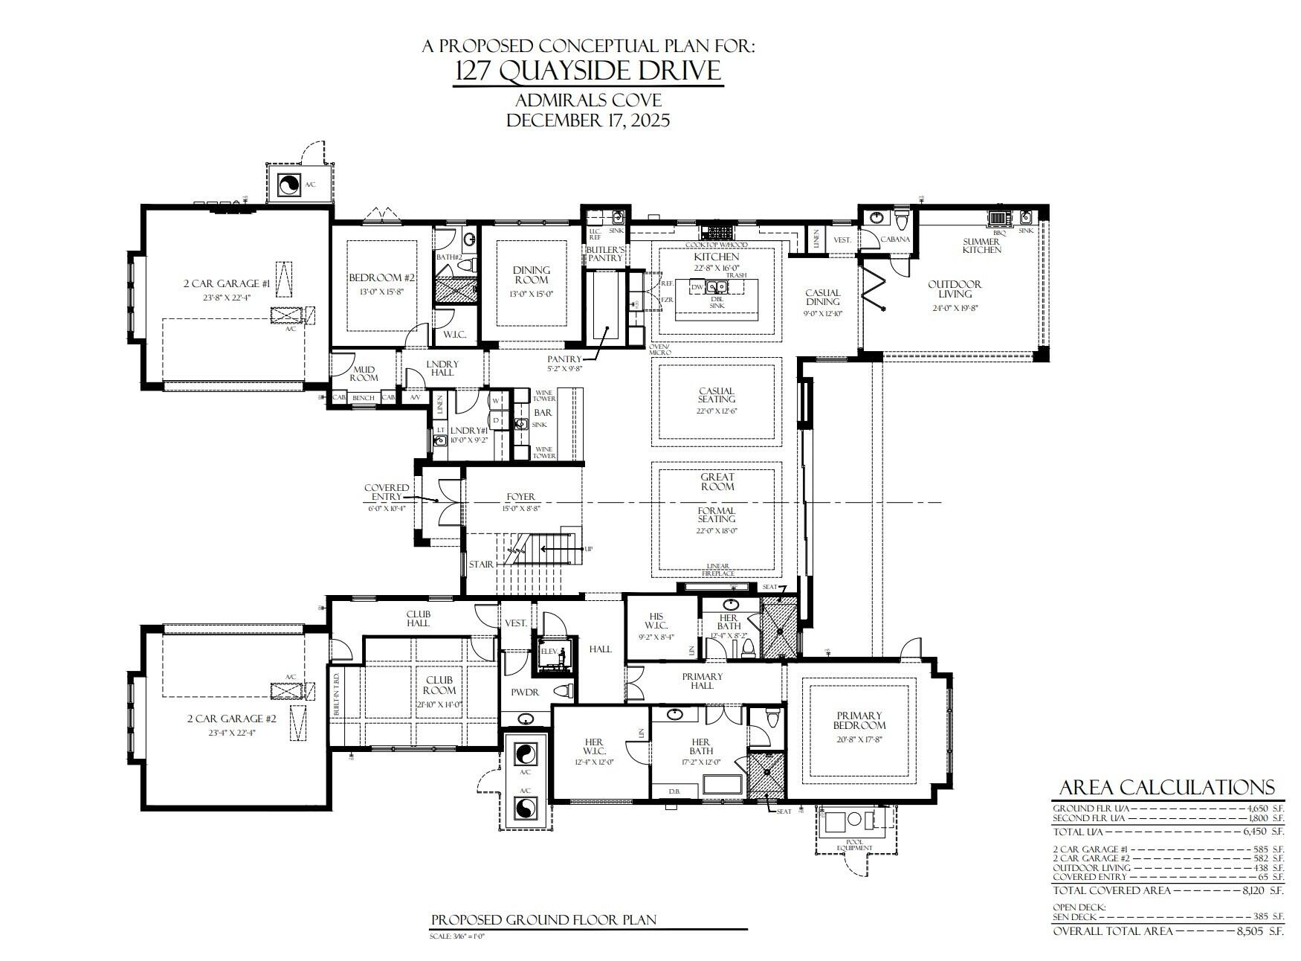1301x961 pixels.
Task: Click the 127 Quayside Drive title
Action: pyautogui.click(x=587, y=71)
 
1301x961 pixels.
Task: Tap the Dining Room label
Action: pyautogui.click(x=531, y=275)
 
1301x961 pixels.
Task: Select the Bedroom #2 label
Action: pyautogui.click(x=382, y=278)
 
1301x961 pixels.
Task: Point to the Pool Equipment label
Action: pyautogui.click(x=848, y=845)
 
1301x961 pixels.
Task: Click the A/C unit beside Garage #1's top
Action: pyautogui.click(x=288, y=184)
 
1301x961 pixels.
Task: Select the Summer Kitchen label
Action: pyautogui.click(x=981, y=246)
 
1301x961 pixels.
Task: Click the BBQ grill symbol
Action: pyautogui.click(x=998, y=217)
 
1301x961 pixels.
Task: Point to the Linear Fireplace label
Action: pyautogui.click(x=717, y=570)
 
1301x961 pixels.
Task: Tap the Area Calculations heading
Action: pyautogui.click(x=1166, y=788)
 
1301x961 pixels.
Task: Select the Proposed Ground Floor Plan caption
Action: pyautogui.click(x=543, y=920)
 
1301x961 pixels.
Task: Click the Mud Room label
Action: pyautogui.click(x=364, y=373)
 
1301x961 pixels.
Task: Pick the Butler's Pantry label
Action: pyautogui.click(x=605, y=254)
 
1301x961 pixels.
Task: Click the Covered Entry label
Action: pyautogui.click(x=386, y=492)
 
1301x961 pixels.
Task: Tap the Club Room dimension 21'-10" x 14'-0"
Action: pyautogui.click(x=439, y=704)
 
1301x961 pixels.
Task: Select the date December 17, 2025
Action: pyautogui.click(x=587, y=120)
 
